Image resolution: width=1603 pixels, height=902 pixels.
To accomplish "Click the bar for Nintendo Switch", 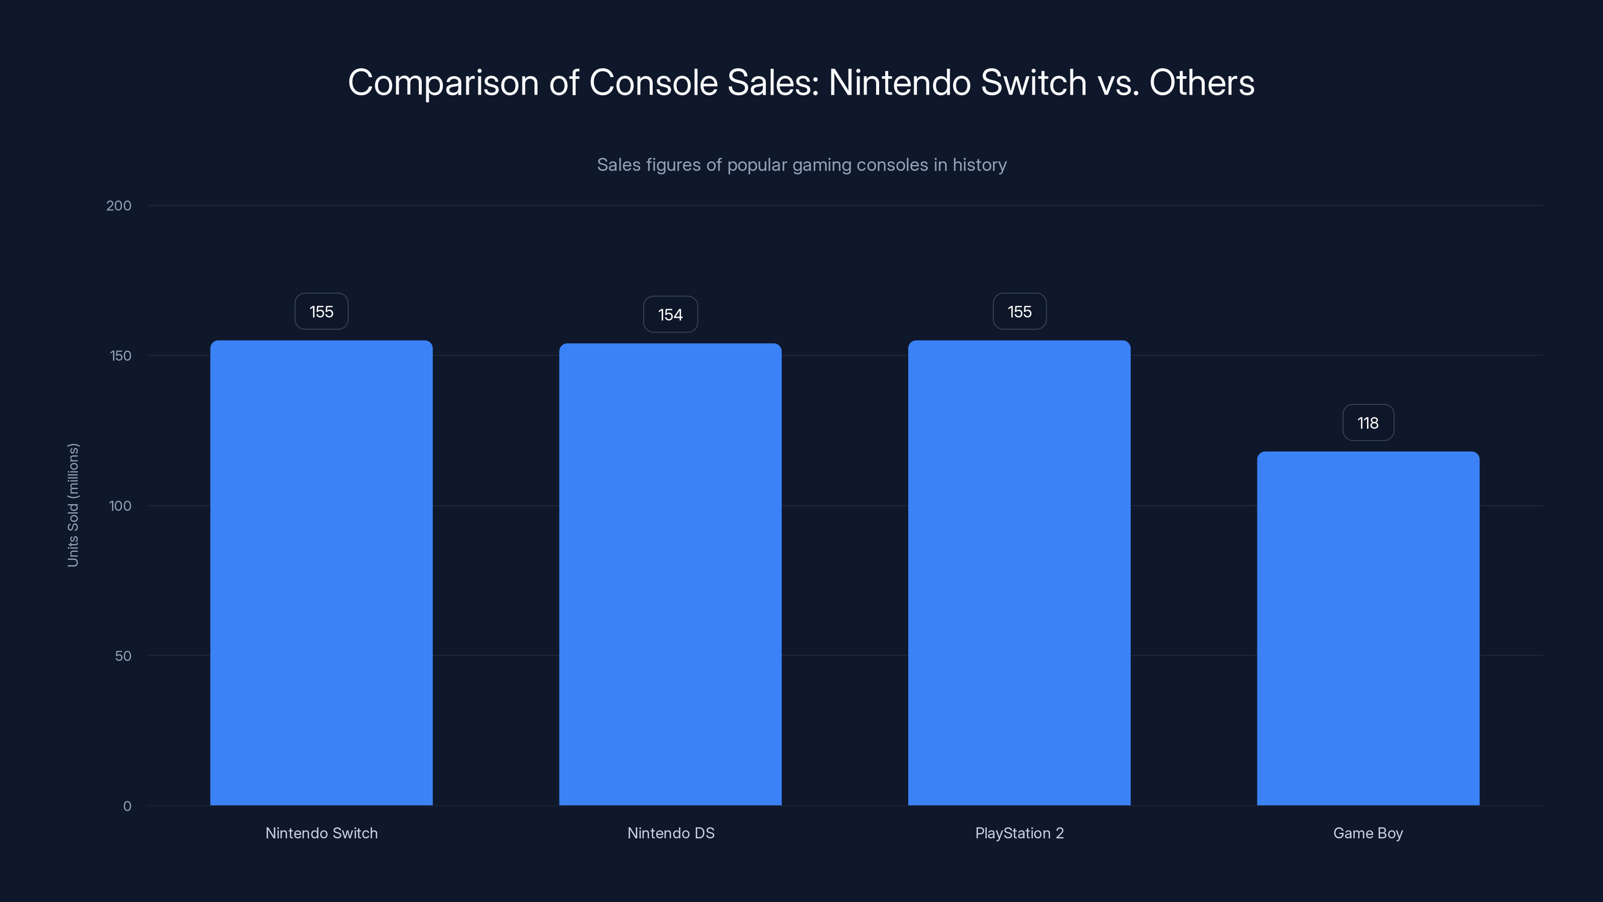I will tap(321, 573).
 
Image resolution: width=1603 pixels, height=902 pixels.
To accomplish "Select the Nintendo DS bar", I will tap(670, 574).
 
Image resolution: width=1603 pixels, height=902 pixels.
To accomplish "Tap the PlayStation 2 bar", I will tap(1019, 573).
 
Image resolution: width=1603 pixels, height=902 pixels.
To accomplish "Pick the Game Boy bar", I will tap(1368, 629).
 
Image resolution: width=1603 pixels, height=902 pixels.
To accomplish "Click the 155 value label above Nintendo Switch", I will tap(321, 311).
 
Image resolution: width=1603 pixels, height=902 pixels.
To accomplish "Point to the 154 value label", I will tap(670, 314).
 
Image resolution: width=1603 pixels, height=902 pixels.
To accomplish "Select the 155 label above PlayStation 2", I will tap(1019, 311).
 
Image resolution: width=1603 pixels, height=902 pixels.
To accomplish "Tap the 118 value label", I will tap(1368, 422).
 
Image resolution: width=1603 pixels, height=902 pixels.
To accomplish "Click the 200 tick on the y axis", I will tap(119, 205).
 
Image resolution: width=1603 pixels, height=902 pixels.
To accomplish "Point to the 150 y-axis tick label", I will tap(121, 355).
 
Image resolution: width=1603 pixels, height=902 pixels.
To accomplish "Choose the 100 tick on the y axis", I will tap(120, 506).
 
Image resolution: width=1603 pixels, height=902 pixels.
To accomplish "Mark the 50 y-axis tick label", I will tap(123, 655).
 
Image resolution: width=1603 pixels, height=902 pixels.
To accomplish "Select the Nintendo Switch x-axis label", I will tap(321, 833).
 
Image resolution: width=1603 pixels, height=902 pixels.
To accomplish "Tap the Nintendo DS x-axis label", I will tap(671, 833).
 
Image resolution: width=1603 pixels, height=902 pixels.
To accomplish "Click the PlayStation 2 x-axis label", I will tap(1019, 833).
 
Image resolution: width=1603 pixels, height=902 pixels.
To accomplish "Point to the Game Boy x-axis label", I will tap(1368, 833).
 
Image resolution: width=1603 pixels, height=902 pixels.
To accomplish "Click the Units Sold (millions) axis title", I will tap(73, 505).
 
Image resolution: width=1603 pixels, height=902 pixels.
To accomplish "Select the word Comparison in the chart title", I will tap(442, 83).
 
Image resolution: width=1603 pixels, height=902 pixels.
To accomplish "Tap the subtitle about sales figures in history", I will tap(801, 165).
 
